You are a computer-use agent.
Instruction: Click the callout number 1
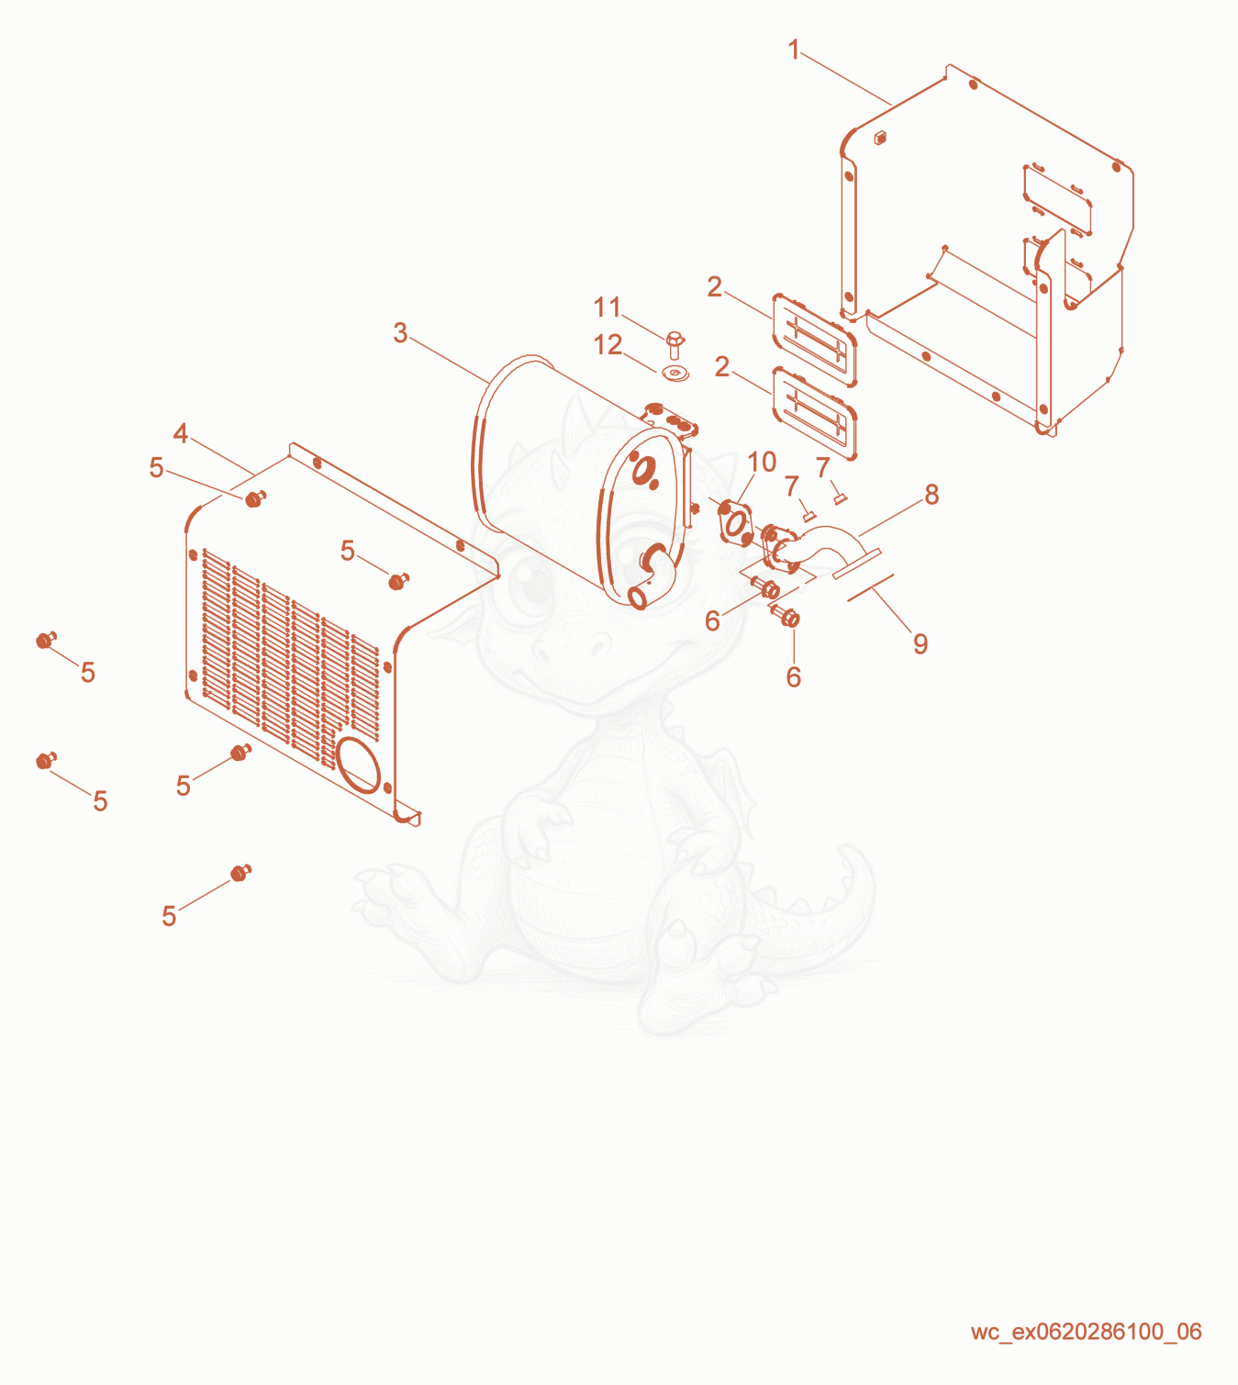click(793, 50)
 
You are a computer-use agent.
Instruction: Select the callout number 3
click(401, 333)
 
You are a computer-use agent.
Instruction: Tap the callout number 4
click(181, 432)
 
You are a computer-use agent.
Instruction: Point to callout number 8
click(931, 495)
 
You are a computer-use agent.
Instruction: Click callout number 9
click(920, 643)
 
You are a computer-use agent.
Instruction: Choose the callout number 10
click(762, 462)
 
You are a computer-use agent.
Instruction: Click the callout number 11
click(607, 307)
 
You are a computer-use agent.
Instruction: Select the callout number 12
click(608, 345)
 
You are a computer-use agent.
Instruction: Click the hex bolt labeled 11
click(675, 345)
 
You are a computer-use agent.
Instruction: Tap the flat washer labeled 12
click(676, 374)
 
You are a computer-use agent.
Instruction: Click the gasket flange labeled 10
click(736, 524)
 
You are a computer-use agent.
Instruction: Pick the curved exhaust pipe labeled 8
click(817, 547)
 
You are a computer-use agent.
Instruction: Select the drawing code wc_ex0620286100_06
click(1087, 1331)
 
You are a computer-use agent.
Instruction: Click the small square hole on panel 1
click(880, 138)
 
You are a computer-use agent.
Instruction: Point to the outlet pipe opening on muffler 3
click(638, 598)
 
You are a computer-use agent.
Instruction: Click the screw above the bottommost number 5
click(240, 873)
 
